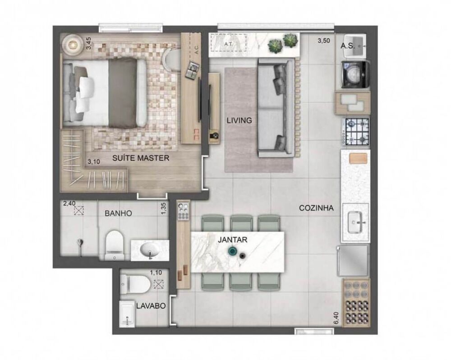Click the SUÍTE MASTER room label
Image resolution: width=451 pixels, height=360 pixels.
135,158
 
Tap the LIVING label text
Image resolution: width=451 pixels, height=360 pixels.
239,120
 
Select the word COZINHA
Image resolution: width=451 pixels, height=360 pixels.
316,208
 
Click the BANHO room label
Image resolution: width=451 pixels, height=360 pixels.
118,213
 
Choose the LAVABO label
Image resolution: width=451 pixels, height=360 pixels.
151,305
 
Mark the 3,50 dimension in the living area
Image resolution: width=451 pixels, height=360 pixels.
323,41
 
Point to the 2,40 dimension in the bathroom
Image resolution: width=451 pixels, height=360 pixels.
69,203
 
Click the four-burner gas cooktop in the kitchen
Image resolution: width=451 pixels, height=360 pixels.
356,131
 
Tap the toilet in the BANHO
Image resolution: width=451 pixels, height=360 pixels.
113,245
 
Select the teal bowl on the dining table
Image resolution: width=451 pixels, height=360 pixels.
233,251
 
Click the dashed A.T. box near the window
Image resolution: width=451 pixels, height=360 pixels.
228,44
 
